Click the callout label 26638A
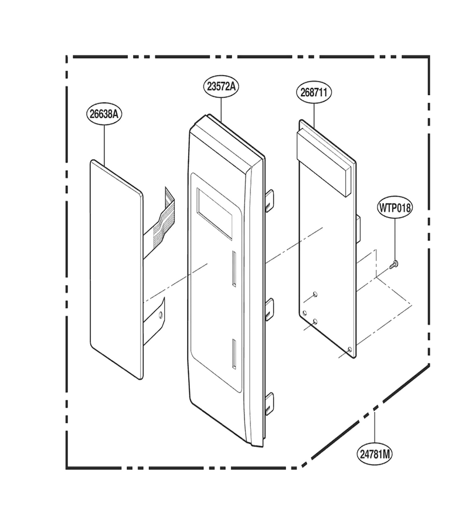(x=104, y=114)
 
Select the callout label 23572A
(x=221, y=87)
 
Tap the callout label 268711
(x=314, y=93)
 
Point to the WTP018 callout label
(x=395, y=208)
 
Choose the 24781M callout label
(x=375, y=454)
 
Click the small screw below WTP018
(x=393, y=265)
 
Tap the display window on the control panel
(x=215, y=214)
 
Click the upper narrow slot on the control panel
(x=233, y=269)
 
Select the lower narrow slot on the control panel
(x=233, y=353)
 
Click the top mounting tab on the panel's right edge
(x=269, y=201)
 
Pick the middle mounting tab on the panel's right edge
(x=269, y=310)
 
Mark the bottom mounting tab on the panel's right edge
(x=269, y=403)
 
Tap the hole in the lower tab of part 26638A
(x=160, y=314)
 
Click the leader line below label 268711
(x=314, y=116)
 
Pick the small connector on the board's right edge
(x=358, y=231)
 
